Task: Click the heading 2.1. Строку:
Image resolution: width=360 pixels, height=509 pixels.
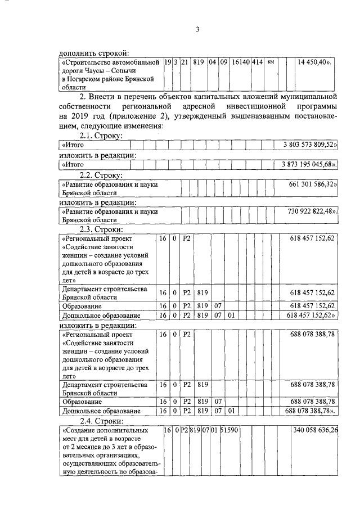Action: click(x=101, y=136)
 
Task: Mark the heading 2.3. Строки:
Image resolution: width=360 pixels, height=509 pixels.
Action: click(x=101, y=229)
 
